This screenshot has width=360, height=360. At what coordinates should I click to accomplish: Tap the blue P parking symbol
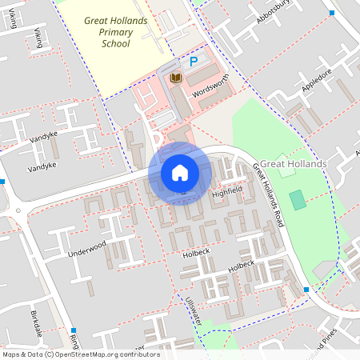point(193,61)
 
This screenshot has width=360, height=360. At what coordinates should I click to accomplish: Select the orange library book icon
point(176,78)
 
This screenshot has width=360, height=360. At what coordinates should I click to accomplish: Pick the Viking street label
point(38,36)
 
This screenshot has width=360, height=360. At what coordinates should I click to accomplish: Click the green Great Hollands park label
point(294,164)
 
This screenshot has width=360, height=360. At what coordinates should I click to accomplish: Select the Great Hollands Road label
point(269,194)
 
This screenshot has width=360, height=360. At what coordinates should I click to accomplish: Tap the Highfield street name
point(226,193)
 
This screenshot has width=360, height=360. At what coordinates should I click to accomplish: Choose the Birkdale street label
point(34,322)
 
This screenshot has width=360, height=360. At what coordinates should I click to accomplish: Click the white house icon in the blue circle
point(180,172)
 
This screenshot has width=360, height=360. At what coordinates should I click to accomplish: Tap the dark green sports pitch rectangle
point(298,200)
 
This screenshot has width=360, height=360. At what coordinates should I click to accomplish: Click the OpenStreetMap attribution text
point(80,354)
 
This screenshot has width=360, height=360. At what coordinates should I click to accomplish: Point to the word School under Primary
point(116,44)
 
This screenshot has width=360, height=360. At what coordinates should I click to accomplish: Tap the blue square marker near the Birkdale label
point(74,330)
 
